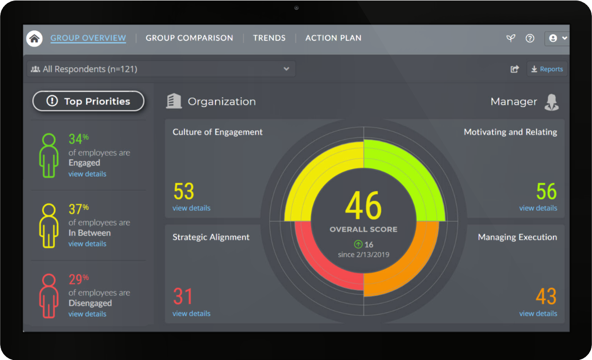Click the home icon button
coord(34,39)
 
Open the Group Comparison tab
coord(189,38)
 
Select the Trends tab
coord(269,38)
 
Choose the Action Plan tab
coord(333,38)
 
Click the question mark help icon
coord(530,38)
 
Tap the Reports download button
coord(547,69)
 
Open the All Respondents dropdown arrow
coord(286,69)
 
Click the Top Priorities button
coord(88,101)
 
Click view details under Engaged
coord(87,174)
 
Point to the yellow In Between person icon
coord(48,225)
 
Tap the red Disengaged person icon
coord(48,296)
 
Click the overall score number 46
coord(363,206)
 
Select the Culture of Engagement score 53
coord(184,192)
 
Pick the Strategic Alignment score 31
coord(183,297)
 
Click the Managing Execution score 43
coord(546,297)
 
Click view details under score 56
coord(538,208)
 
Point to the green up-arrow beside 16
coord(358,245)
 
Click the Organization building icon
coord(173,101)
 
